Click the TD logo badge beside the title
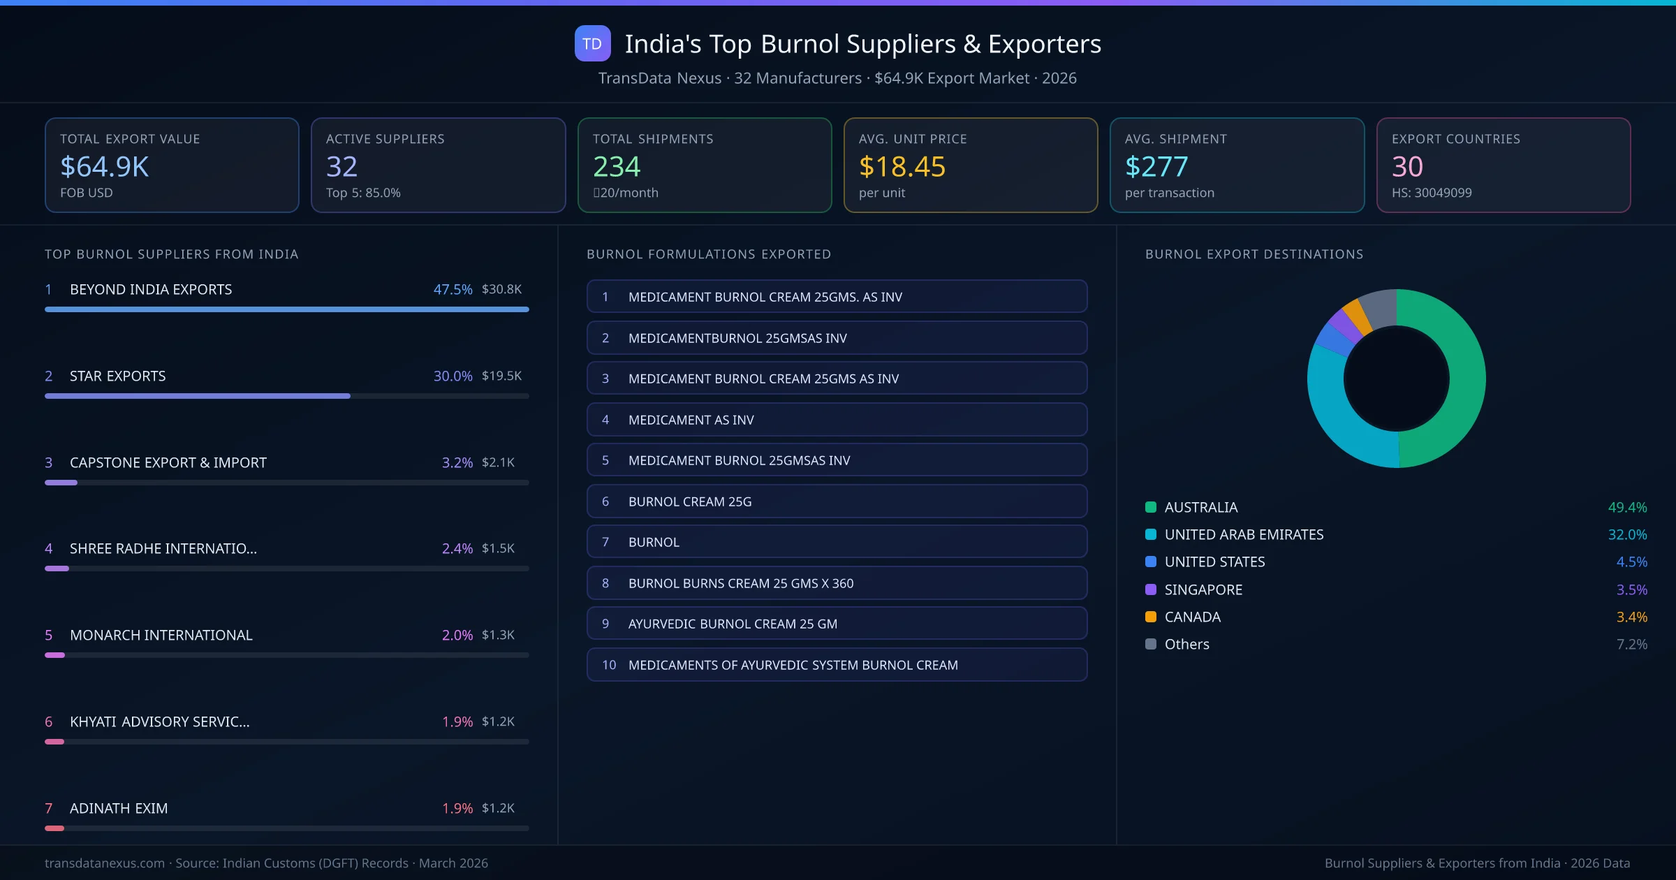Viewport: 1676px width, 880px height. [592, 43]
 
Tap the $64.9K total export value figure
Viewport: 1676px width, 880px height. [105, 167]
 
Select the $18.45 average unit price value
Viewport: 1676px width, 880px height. [902, 167]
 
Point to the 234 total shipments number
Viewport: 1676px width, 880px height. [617, 167]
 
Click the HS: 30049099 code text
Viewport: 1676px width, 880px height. [1431, 193]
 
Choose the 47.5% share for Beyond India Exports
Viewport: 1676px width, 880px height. [453, 289]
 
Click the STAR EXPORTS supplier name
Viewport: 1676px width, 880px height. [118, 376]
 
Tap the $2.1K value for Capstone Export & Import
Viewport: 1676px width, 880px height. [498, 462]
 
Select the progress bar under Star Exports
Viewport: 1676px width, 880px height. [198, 396]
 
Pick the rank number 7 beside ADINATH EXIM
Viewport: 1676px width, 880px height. [49, 808]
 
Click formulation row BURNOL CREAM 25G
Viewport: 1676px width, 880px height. [837, 501]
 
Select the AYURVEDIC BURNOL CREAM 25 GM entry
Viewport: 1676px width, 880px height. [837, 624]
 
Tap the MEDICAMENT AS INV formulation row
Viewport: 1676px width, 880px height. [837, 420]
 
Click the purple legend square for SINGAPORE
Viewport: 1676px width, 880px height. [1151, 589]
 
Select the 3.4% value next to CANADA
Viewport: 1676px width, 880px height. [1631, 617]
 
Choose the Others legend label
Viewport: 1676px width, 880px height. [1186, 644]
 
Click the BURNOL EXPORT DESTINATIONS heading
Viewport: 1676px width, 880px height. [1254, 254]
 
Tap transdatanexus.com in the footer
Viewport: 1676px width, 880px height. [105, 863]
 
